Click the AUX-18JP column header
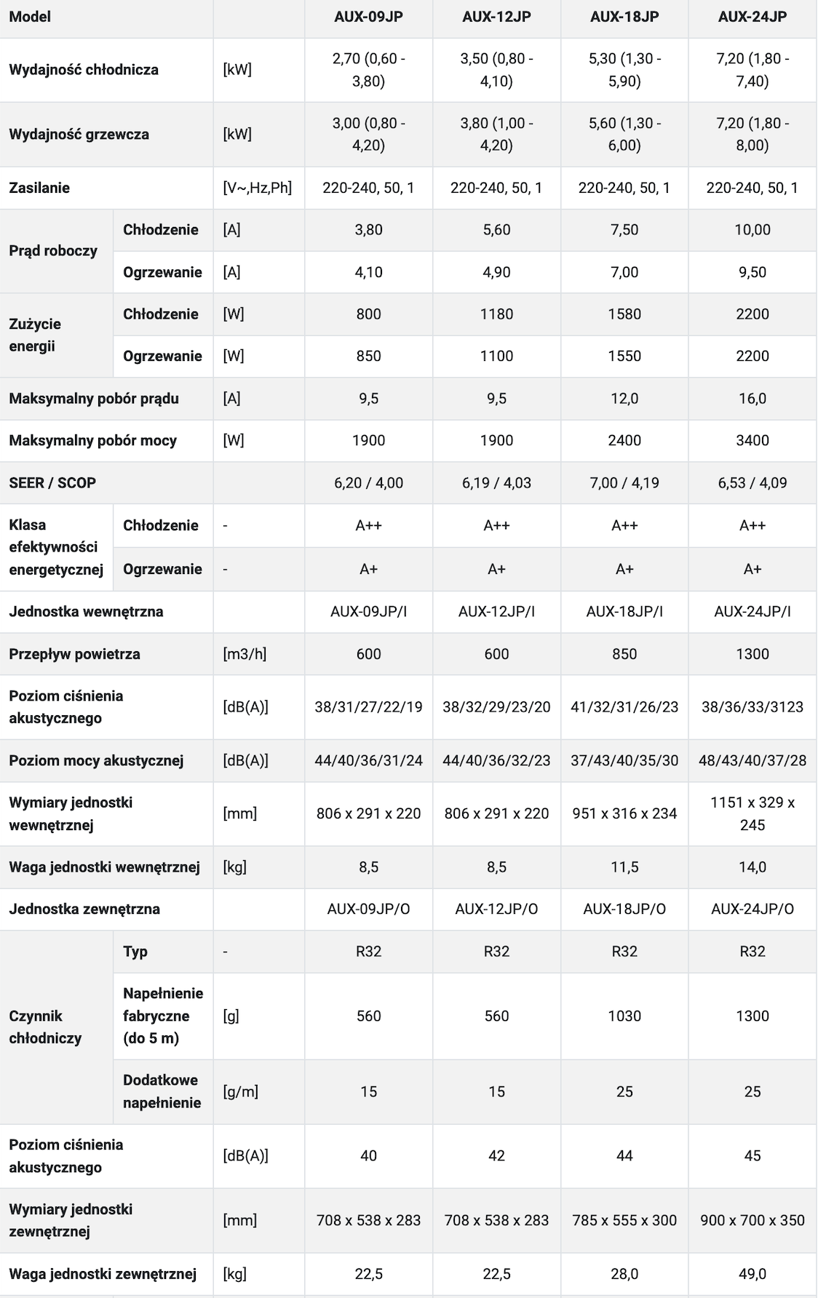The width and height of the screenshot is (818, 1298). [x=624, y=17]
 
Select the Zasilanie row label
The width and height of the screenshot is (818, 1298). [x=39, y=188]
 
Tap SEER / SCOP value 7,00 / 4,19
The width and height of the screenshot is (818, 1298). [x=624, y=482]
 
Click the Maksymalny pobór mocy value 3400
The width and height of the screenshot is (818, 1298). [x=753, y=440]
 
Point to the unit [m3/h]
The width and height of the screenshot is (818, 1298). [x=245, y=654]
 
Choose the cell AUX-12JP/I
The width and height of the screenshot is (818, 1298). [x=496, y=612]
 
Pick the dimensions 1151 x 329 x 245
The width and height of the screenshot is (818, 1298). [x=753, y=813]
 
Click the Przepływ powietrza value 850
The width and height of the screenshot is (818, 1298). [x=624, y=654]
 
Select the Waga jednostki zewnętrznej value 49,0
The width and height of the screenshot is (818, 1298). [x=753, y=1274]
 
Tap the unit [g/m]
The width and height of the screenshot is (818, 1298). [x=241, y=1091]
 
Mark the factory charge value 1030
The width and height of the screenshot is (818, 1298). [x=624, y=1016]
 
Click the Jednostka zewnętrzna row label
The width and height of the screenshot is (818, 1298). [x=84, y=909]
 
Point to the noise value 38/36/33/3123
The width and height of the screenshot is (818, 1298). [x=753, y=706]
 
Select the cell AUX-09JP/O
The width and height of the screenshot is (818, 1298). [x=369, y=909]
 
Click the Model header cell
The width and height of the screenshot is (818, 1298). [x=30, y=17]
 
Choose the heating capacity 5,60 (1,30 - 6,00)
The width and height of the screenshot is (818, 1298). [x=624, y=134]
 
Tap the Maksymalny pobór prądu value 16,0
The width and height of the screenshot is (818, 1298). [x=753, y=398]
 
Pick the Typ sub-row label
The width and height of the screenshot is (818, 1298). [x=135, y=952]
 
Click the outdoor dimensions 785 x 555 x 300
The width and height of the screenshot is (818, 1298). [x=624, y=1220]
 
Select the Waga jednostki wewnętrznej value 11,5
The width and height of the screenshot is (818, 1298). [x=624, y=867]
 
